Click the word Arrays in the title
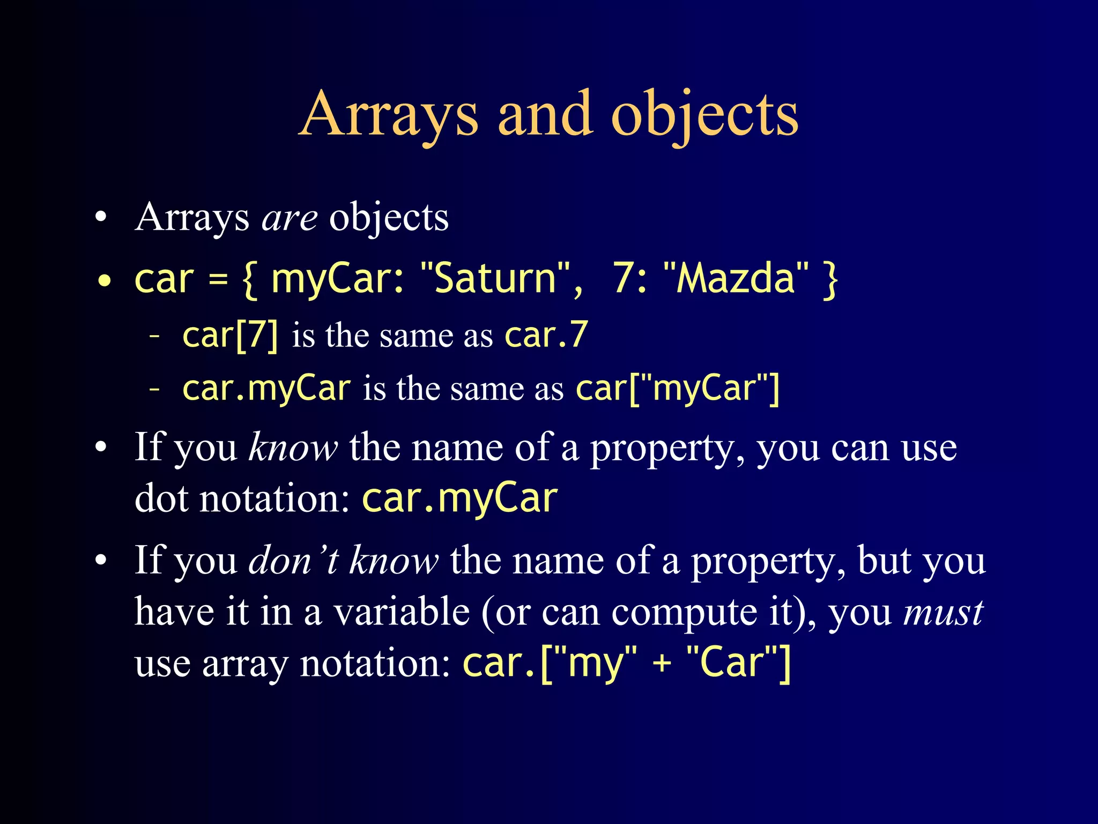[388, 115]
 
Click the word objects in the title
[704, 115]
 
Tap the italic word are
[290, 218]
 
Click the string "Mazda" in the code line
[735, 278]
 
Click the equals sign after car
[218, 279]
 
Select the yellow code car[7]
[231, 335]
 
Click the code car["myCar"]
[677, 388]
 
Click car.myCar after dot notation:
[459, 499]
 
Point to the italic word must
[943, 613]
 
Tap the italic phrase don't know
[344, 561]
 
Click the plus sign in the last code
[662, 663]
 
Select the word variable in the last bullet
[402, 613]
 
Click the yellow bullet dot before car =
[105, 281]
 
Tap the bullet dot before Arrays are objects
[101, 219]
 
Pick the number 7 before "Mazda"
[624, 278]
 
